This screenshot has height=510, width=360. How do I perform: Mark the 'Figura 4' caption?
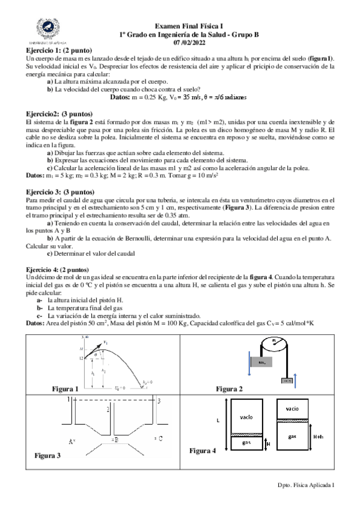pos(203,450)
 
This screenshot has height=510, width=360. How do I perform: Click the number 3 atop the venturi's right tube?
pos(159,400)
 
